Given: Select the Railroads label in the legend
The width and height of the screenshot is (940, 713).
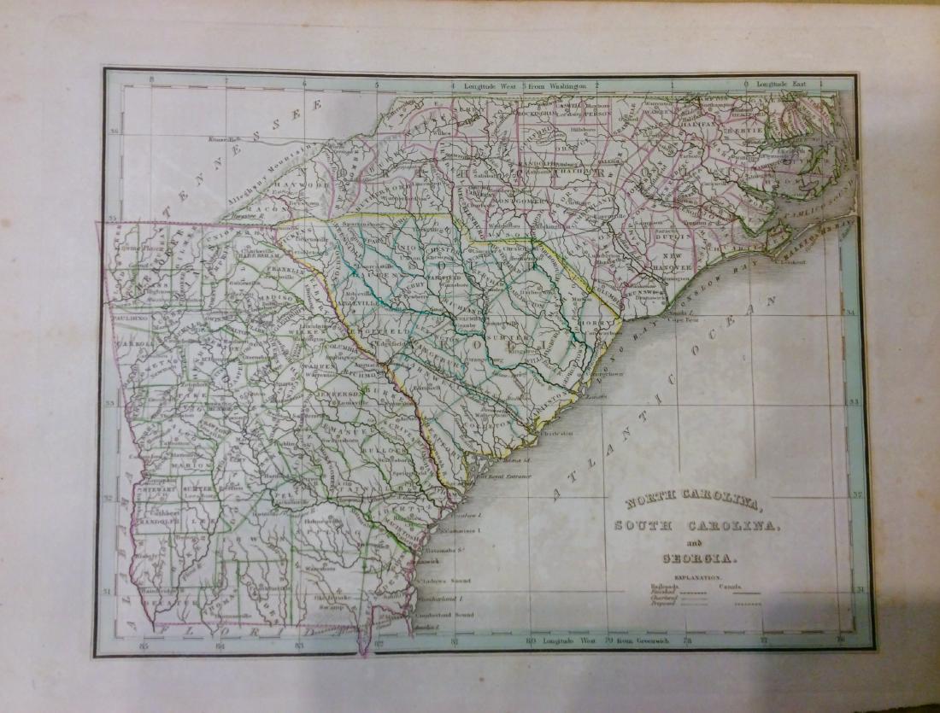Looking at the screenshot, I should [662, 587].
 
